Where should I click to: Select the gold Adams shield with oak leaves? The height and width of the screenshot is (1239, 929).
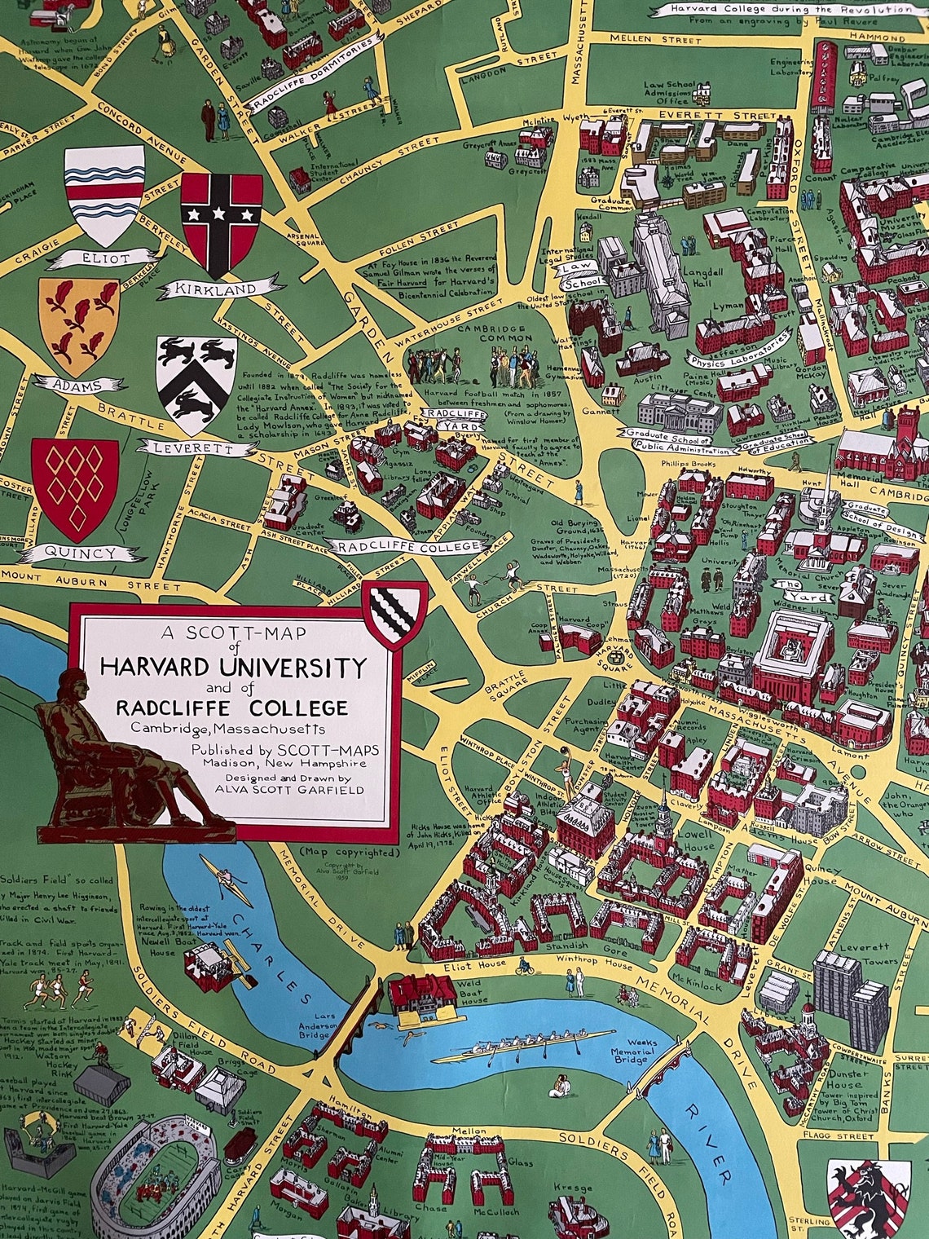click(78, 324)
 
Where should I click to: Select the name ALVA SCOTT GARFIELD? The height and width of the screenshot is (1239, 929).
click(285, 789)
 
